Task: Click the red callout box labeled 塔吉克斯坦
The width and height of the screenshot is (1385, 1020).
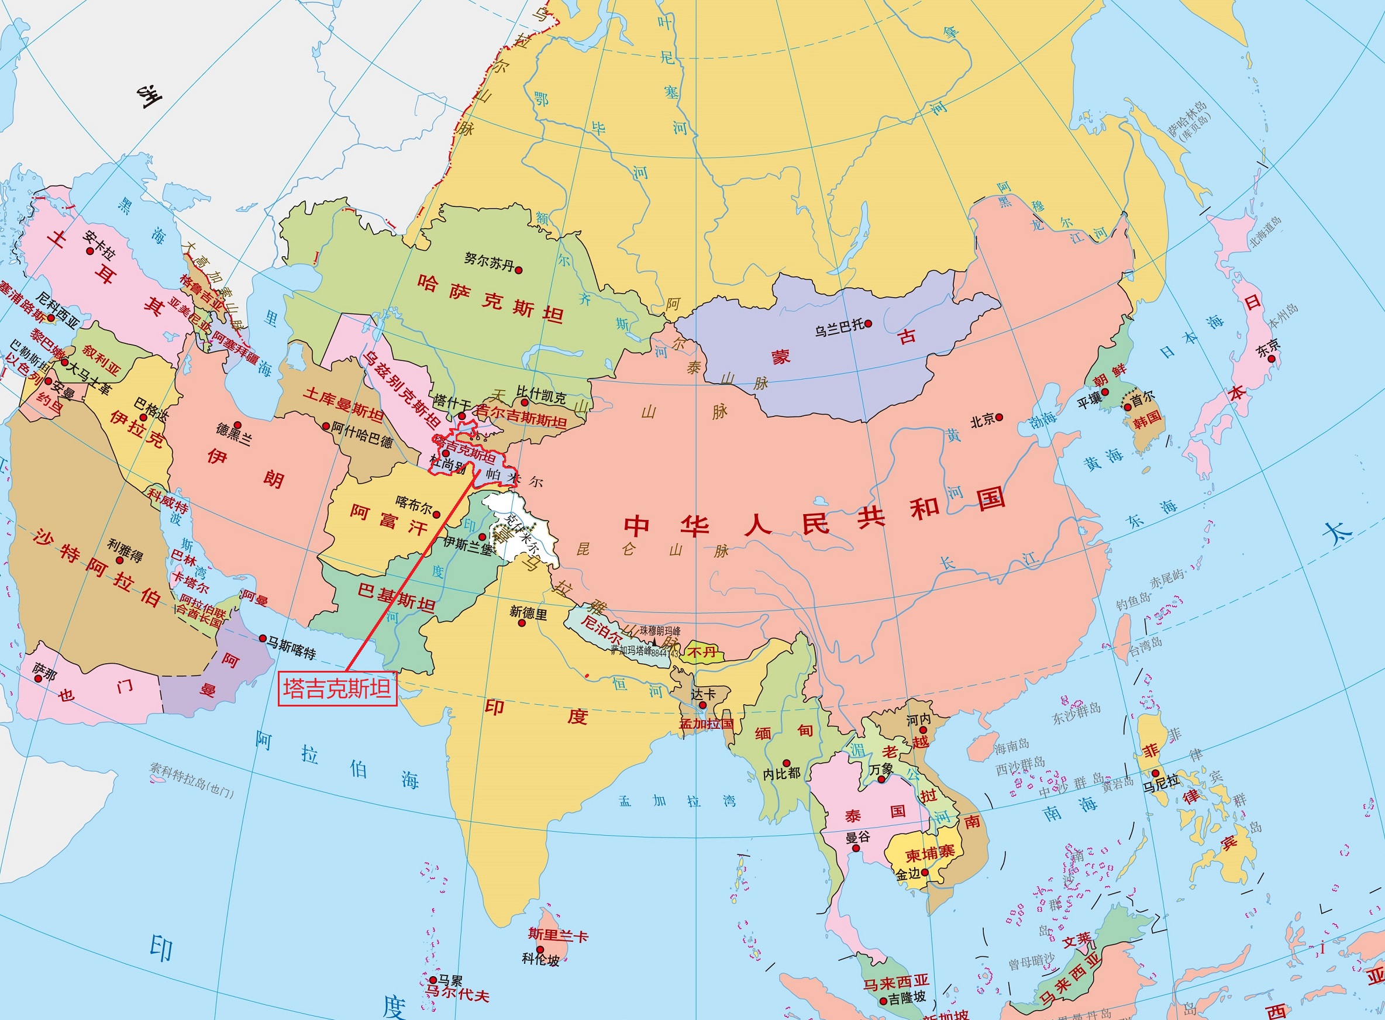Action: pyautogui.click(x=337, y=688)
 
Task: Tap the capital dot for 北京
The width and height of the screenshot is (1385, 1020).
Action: pyautogui.click(x=1000, y=418)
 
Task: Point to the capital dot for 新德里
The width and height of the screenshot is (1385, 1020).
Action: pyautogui.click(x=522, y=623)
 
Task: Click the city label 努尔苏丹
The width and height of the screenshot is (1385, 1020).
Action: pyautogui.click(x=488, y=262)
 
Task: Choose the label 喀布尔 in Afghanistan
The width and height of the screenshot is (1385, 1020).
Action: pyautogui.click(x=413, y=506)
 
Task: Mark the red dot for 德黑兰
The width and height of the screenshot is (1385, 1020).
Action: pyautogui.click(x=237, y=425)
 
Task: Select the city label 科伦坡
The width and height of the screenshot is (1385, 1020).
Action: pyautogui.click(x=540, y=960)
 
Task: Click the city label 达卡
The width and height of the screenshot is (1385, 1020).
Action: pyautogui.click(x=702, y=695)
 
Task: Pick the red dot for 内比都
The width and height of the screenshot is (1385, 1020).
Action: pyautogui.click(x=786, y=763)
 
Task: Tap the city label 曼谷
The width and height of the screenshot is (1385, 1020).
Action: pyautogui.click(x=857, y=838)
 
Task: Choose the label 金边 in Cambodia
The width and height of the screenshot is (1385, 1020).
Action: pyautogui.click(x=908, y=874)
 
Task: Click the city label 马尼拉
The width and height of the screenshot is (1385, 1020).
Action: pyautogui.click(x=1161, y=784)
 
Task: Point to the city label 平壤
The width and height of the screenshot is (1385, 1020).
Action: pyautogui.click(x=1090, y=401)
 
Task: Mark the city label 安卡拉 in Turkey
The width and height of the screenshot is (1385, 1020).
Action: pyautogui.click(x=99, y=245)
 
